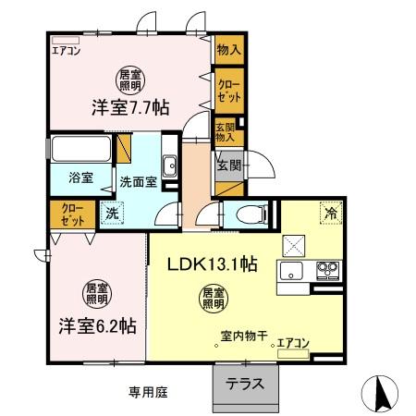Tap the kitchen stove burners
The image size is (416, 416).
(x=327, y=271)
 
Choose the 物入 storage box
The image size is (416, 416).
(x=228, y=51)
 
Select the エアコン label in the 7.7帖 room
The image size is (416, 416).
(x=67, y=52)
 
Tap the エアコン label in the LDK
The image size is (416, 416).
(x=294, y=343)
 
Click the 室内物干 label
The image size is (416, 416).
(x=244, y=338)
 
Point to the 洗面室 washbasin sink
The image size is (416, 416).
(x=170, y=167)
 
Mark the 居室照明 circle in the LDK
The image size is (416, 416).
(x=214, y=298)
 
